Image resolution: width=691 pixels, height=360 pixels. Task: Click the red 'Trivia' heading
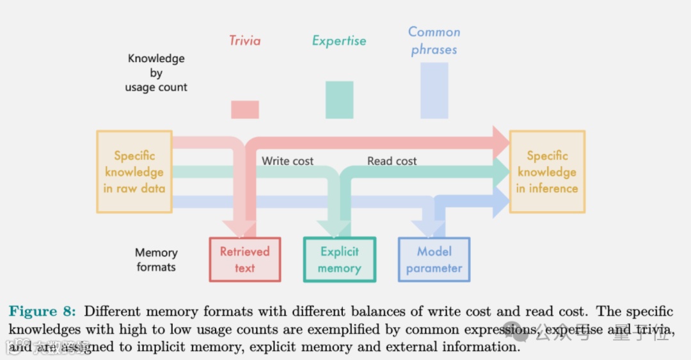click(x=245, y=41)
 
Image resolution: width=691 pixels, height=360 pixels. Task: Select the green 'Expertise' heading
click(x=339, y=41)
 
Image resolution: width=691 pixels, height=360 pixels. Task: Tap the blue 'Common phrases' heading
click(x=434, y=40)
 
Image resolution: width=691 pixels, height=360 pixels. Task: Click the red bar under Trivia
click(x=245, y=109)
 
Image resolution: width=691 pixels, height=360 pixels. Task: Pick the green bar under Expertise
click(x=339, y=100)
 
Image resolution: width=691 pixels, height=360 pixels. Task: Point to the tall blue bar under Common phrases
click(x=434, y=90)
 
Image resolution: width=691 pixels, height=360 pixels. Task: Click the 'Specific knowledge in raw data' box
click(x=134, y=171)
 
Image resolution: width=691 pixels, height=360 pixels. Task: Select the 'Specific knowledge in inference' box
click(x=547, y=171)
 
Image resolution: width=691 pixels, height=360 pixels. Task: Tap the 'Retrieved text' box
click(x=245, y=260)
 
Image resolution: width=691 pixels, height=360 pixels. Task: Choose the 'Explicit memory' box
click(x=339, y=260)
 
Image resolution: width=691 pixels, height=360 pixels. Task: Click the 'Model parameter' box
click(x=434, y=260)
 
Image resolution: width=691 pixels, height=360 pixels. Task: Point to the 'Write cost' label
click(x=287, y=161)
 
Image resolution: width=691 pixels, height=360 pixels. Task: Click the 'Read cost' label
click(x=392, y=161)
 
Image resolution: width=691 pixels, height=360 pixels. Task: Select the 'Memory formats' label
click(x=156, y=260)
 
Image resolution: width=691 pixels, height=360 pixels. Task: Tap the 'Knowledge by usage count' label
click(x=156, y=73)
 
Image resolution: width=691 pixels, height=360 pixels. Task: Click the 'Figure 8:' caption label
click(x=42, y=311)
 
